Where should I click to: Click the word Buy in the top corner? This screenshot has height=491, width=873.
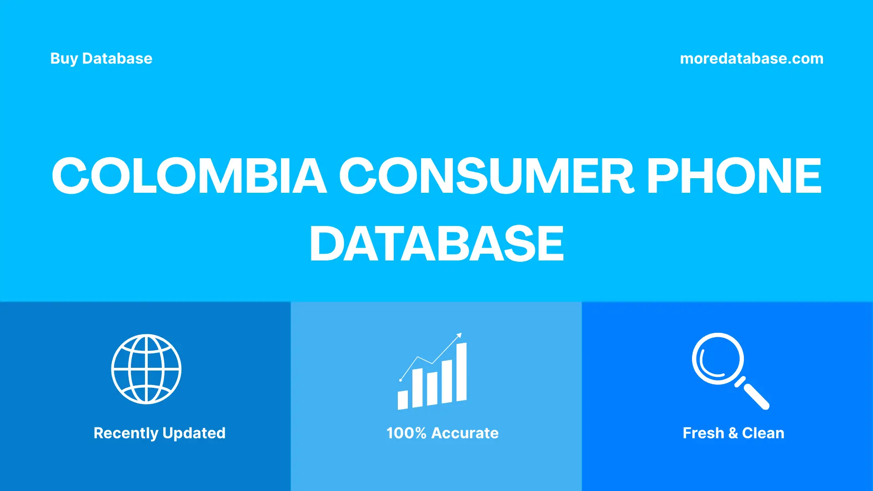pyautogui.click(x=64, y=59)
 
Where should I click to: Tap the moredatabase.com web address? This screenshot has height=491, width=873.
pyautogui.click(x=751, y=59)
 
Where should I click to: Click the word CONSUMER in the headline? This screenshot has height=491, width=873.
pyautogui.click(x=486, y=176)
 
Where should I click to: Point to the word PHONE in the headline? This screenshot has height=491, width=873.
pyautogui.click(x=734, y=176)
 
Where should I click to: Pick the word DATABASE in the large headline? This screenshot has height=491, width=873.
pyautogui.click(x=436, y=244)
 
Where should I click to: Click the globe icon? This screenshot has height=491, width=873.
pyautogui.click(x=146, y=369)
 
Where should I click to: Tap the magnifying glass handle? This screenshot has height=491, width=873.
pyautogui.click(x=755, y=395)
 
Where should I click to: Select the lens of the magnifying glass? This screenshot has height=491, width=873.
pyautogui.click(x=717, y=358)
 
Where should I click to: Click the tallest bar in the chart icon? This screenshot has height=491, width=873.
pyautogui.click(x=461, y=372)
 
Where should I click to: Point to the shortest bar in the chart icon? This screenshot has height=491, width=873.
pyautogui.click(x=402, y=400)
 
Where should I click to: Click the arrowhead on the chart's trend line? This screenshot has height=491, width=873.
pyautogui.click(x=459, y=336)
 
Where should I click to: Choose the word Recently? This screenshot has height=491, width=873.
pyautogui.click(x=125, y=433)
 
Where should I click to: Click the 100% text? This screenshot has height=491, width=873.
pyautogui.click(x=406, y=433)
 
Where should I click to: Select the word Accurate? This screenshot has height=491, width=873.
pyautogui.click(x=465, y=433)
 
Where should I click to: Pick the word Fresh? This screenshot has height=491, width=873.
pyautogui.click(x=703, y=433)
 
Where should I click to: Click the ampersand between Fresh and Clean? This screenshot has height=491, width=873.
pyautogui.click(x=733, y=433)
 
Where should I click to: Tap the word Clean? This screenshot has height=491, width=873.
pyautogui.click(x=763, y=433)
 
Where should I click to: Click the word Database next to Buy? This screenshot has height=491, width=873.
pyautogui.click(x=117, y=59)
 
